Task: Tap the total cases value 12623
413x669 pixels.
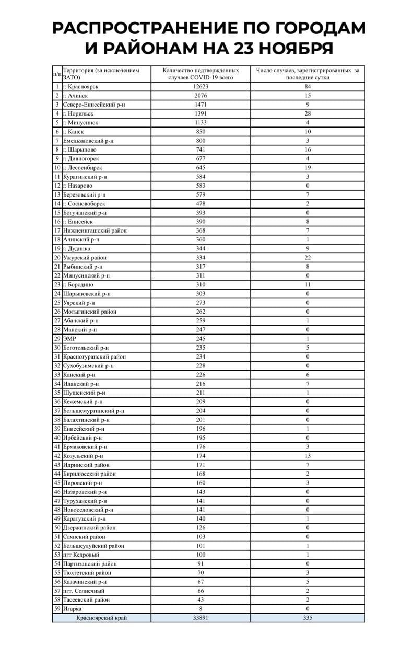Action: coord(200,87)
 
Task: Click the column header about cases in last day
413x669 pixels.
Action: coord(308,74)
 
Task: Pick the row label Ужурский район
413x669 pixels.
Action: coord(85,258)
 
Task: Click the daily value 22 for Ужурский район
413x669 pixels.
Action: coord(308,258)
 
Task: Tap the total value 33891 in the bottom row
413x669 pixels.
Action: coord(200,618)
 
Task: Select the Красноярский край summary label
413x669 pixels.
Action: coord(101,618)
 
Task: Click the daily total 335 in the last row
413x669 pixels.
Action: coord(308,618)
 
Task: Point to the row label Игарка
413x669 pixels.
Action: coord(72,609)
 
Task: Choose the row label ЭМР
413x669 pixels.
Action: coord(69,339)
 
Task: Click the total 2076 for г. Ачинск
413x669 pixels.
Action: coord(200,96)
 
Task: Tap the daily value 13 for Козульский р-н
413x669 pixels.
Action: coord(308,456)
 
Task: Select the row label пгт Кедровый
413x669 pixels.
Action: coord(80,555)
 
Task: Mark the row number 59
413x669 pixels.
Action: coord(57,609)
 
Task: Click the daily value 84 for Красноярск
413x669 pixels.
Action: coord(308,87)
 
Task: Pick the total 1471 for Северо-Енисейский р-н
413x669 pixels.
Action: coord(200,105)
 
